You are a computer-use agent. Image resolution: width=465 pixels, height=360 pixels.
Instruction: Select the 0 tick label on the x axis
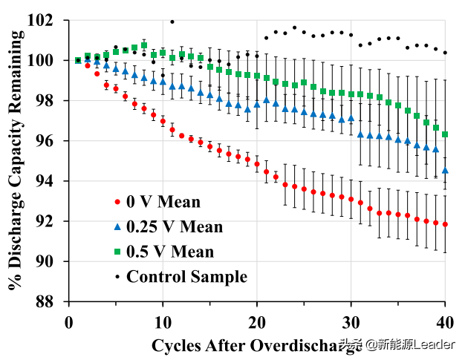click(x=68, y=322)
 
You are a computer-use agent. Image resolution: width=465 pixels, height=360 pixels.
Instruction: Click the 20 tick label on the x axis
click(x=257, y=322)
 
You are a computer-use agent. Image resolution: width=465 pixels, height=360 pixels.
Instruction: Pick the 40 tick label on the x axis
click(x=445, y=322)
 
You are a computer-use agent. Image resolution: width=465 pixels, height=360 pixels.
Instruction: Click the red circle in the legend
click(x=117, y=202)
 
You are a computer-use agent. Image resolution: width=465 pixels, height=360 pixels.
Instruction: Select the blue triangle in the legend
click(x=117, y=226)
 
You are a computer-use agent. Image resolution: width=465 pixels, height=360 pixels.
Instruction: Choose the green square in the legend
click(x=117, y=252)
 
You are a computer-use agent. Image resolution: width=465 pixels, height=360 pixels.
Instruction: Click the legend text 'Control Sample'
click(x=186, y=277)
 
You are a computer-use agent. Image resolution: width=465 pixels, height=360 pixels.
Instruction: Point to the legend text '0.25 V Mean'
click(x=175, y=227)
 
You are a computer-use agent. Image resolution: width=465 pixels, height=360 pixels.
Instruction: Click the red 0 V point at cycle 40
click(x=445, y=224)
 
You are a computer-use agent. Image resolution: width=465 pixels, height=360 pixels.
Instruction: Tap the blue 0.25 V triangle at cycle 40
click(x=445, y=170)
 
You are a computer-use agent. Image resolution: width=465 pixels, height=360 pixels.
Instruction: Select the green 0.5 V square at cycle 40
click(x=445, y=134)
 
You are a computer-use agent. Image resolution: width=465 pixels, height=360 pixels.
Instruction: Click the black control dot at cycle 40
click(x=445, y=53)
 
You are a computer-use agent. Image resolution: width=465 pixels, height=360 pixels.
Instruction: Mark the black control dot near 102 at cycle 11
click(x=172, y=22)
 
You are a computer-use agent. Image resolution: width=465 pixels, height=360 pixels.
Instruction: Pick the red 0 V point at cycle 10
click(x=163, y=121)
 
